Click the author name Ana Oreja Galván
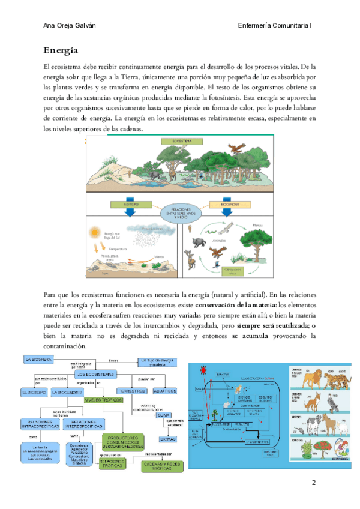pos(74,26)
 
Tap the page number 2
pos(313,483)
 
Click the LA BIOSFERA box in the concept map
pos(39,359)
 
